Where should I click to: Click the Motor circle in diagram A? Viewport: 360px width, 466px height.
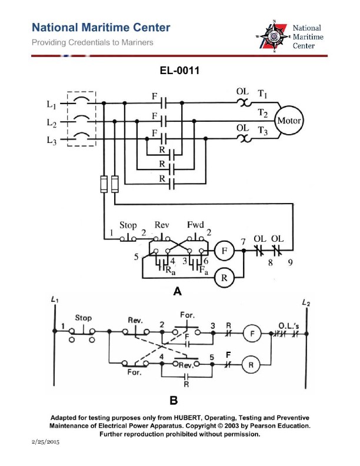pyautogui.click(x=288, y=121)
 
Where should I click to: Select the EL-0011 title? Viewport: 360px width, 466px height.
pyautogui.click(x=179, y=71)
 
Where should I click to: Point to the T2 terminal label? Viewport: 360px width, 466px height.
pyautogui.click(x=262, y=112)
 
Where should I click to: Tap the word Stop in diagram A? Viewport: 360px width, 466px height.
pyautogui.click(x=128, y=225)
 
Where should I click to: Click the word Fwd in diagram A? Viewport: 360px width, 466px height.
pyautogui.click(x=195, y=225)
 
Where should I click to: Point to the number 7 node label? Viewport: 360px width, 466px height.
pyautogui.click(x=242, y=241)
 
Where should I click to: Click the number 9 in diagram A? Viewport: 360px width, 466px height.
pyautogui.click(x=290, y=264)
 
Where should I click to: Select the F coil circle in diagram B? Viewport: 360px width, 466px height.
pyautogui.click(x=252, y=332)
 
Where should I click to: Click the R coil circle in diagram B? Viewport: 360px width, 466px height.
pyautogui.click(x=252, y=364)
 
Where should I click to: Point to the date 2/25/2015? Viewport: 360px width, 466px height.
pyautogui.click(x=45, y=440)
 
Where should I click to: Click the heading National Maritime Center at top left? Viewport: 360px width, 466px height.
pyautogui.click(x=101, y=28)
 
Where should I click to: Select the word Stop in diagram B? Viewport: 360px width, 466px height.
pyautogui.click(x=84, y=318)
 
